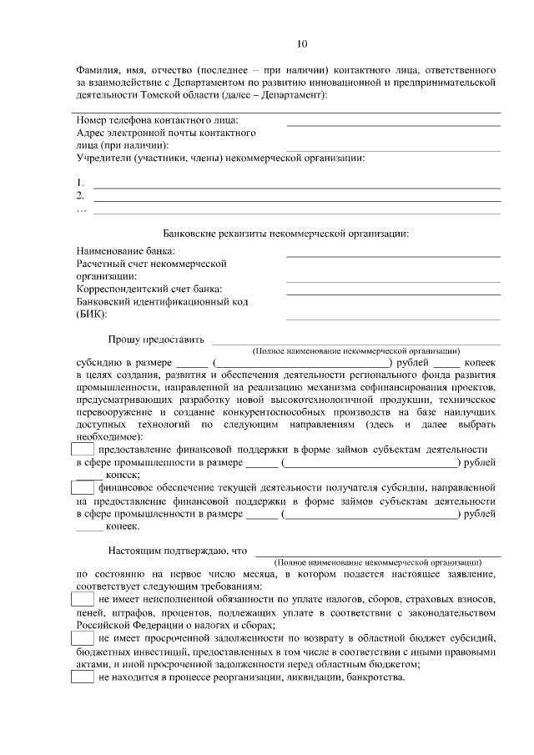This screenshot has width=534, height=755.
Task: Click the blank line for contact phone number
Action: click(x=393, y=124)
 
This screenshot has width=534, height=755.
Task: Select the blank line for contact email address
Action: click(x=393, y=149)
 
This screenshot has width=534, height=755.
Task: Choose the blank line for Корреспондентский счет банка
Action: click(x=393, y=294)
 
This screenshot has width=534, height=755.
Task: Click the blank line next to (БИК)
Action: click(x=393, y=319)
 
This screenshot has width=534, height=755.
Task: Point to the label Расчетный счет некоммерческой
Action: click(x=151, y=264)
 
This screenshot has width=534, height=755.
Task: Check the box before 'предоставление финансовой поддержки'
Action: click(x=83, y=450)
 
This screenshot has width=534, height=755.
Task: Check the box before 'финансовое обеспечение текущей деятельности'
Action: click(x=83, y=488)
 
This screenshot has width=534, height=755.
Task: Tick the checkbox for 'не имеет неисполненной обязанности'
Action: click(x=83, y=600)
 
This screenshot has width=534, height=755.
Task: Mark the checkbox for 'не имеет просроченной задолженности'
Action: click(x=83, y=638)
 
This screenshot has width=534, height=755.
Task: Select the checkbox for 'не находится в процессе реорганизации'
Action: click(x=83, y=677)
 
